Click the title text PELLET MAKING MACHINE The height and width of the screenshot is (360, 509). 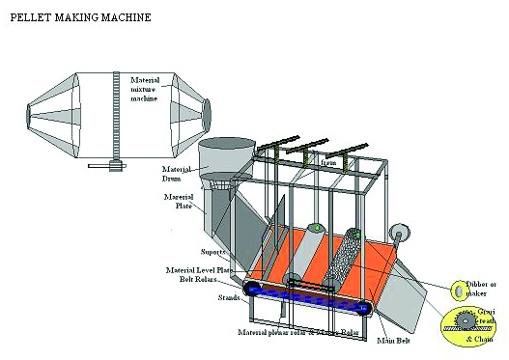coord(72,17)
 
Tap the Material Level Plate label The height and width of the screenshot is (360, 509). coord(207,269)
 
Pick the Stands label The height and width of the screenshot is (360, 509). coord(228,297)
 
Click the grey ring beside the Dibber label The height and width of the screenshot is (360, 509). coord(455,289)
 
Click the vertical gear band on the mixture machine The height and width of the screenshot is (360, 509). coord(116,120)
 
